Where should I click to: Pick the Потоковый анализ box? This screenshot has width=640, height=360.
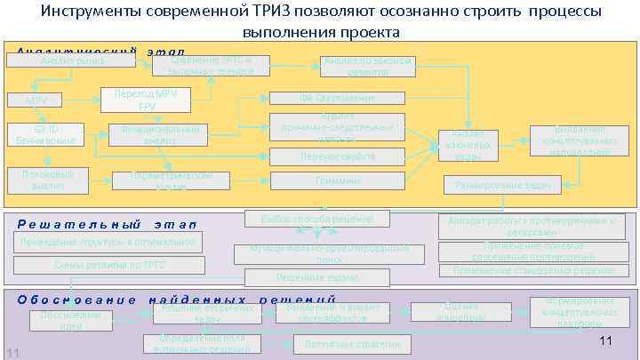48,180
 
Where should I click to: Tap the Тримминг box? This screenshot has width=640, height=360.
337,181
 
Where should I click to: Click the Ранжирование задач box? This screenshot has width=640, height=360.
502,185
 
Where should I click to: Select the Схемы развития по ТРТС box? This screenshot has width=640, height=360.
110,264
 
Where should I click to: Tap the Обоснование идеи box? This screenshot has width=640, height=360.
70,320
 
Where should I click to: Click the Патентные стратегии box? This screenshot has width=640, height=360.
339,343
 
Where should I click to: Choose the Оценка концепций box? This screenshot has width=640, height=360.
461,312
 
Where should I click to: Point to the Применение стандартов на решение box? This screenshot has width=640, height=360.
532,270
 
